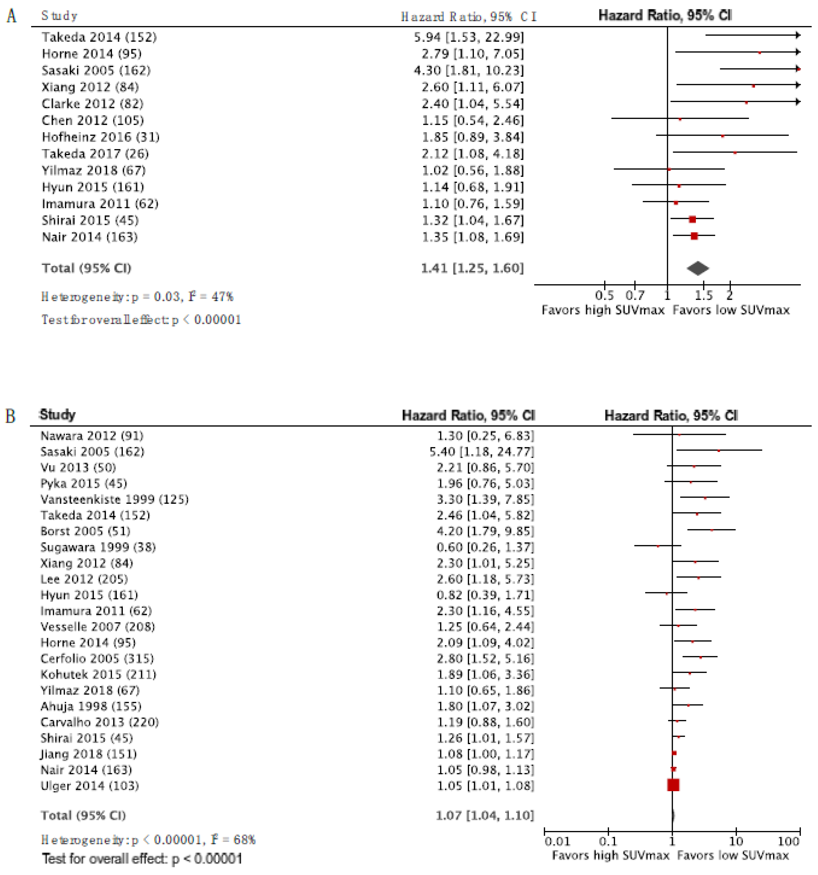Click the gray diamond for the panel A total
(697, 268)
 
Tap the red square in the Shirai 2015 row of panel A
(692, 219)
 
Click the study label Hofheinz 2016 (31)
(100, 137)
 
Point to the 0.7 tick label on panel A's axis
(635, 295)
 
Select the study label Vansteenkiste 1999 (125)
(115, 499)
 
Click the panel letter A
(12, 16)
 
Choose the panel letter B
(11, 415)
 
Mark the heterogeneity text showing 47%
(137, 297)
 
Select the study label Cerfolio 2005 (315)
(97, 658)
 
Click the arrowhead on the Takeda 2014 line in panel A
(797, 35)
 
